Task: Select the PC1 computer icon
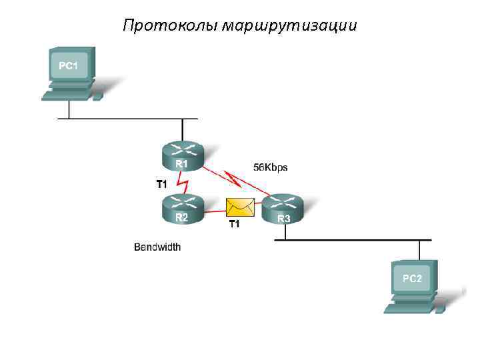(x=71, y=73)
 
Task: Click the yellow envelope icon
(x=241, y=207)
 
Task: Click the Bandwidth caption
(x=157, y=247)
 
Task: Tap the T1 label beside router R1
(x=161, y=183)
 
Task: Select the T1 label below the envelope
(x=235, y=224)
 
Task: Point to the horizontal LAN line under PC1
(x=127, y=119)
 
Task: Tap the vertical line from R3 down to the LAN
(x=285, y=231)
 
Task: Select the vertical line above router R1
(x=182, y=130)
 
